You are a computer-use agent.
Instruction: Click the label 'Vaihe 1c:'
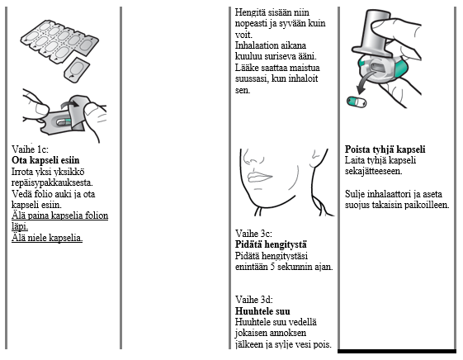pyautogui.click(x=30, y=149)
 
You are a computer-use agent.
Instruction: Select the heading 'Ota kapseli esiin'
pyautogui.click(x=45, y=160)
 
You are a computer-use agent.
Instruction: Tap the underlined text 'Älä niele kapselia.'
pyautogui.click(x=47, y=238)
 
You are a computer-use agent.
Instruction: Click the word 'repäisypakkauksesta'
pyautogui.click(x=52, y=182)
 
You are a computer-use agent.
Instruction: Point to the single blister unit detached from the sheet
pyautogui.click(x=77, y=69)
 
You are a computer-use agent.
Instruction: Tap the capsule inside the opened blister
pyautogui.click(x=64, y=121)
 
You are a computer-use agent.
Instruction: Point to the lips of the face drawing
pyautogui.click(x=259, y=177)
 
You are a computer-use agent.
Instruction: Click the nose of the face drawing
pyautogui.click(x=252, y=157)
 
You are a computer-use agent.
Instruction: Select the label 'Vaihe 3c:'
pyautogui.click(x=253, y=234)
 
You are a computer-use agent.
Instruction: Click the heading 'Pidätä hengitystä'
pyautogui.click(x=271, y=245)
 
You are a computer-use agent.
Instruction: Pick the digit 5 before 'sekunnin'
pyautogui.click(x=273, y=267)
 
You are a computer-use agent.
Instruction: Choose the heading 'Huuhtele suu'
pyautogui.click(x=262, y=311)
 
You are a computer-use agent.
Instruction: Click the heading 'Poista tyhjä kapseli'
pyautogui.click(x=385, y=149)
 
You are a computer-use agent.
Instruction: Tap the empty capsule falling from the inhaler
pyautogui.click(x=357, y=102)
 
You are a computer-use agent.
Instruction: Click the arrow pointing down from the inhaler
pyautogui.click(x=365, y=83)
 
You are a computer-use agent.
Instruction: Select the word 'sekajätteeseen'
pyautogui.click(x=374, y=171)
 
